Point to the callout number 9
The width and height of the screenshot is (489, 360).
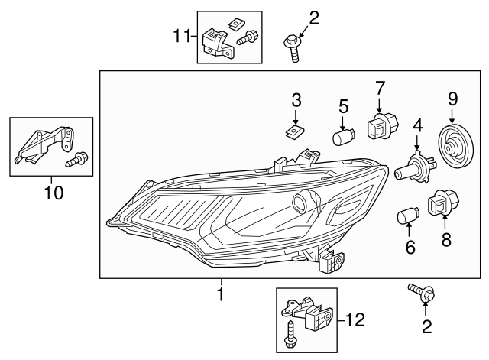coord(452,98)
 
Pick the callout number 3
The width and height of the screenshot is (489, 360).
coord(296,100)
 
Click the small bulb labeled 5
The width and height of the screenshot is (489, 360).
coord(343,138)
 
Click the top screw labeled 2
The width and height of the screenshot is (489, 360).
coord(294,46)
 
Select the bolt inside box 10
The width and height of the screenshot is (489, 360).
coord(77,160)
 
